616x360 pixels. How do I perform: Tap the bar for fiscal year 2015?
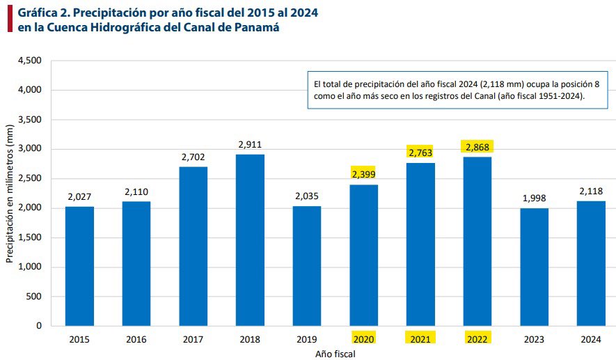[x=79, y=266]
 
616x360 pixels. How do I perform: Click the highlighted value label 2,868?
[x=477, y=147]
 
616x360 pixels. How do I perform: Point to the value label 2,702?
[x=193, y=157]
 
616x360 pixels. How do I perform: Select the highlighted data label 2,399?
[x=363, y=174]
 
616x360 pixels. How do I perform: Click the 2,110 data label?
[x=136, y=191]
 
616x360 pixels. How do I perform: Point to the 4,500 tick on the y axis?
[x=30, y=61]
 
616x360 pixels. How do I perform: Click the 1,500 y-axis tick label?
[x=30, y=237]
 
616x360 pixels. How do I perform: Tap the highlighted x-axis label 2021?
[x=420, y=338]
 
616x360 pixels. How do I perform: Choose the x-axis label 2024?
[x=590, y=339]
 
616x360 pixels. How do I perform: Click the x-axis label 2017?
[x=193, y=339]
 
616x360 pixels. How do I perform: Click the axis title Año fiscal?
[x=335, y=354]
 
